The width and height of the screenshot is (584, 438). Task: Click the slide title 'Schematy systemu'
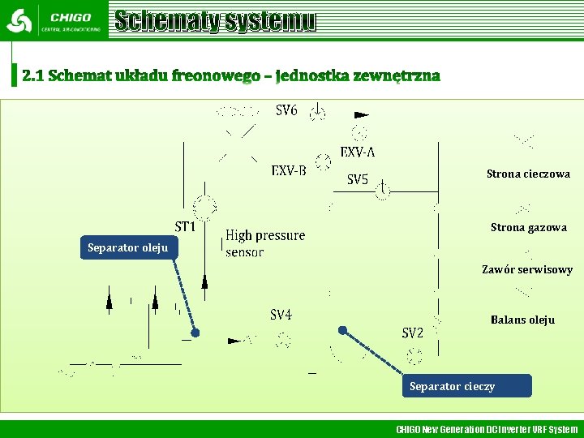pyautogui.click(x=215, y=21)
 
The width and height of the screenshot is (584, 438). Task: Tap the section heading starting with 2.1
pyautogui.click(x=231, y=75)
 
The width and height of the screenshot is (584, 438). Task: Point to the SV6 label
pyautogui.click(x=286, y=110)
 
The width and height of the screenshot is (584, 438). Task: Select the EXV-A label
pyautogui.click(x=358, y=152)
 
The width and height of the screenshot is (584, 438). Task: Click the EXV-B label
pyautogui.click(x=289, y=170)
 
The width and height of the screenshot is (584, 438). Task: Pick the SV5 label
pyautogui.click(x=358, y=179)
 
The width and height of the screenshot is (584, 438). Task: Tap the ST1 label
pyautogui.click(x=186, y=226)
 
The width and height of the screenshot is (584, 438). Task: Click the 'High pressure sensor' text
pyautogui.click(x=264, y=243)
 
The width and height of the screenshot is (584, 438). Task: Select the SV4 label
pyautogui.click(x=281, y=315)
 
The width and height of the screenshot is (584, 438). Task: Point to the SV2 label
pyautogui.click(x=413, y=333)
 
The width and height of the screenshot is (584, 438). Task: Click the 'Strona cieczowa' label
pyautogui.click(x=528, y=174)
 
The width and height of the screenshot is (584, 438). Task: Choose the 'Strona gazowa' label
pyautogui.click(x=528, y=228)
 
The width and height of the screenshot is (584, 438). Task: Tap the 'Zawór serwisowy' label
pyautogui.click(x=527, y=269)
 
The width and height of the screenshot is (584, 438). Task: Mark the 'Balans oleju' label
pyautogui.click(x=522, y=320)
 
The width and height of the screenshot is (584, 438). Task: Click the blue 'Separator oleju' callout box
pyautogui.click(x=127, y=247)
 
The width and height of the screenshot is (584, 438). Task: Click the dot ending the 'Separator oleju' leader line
pyautogui.click(x=195, y=333)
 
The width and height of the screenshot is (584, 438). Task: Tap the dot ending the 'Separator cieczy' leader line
pyautogui.click(x=343, y=330)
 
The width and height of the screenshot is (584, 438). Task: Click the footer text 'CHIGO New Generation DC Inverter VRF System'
pyautogui.click(x=487, y=429)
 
